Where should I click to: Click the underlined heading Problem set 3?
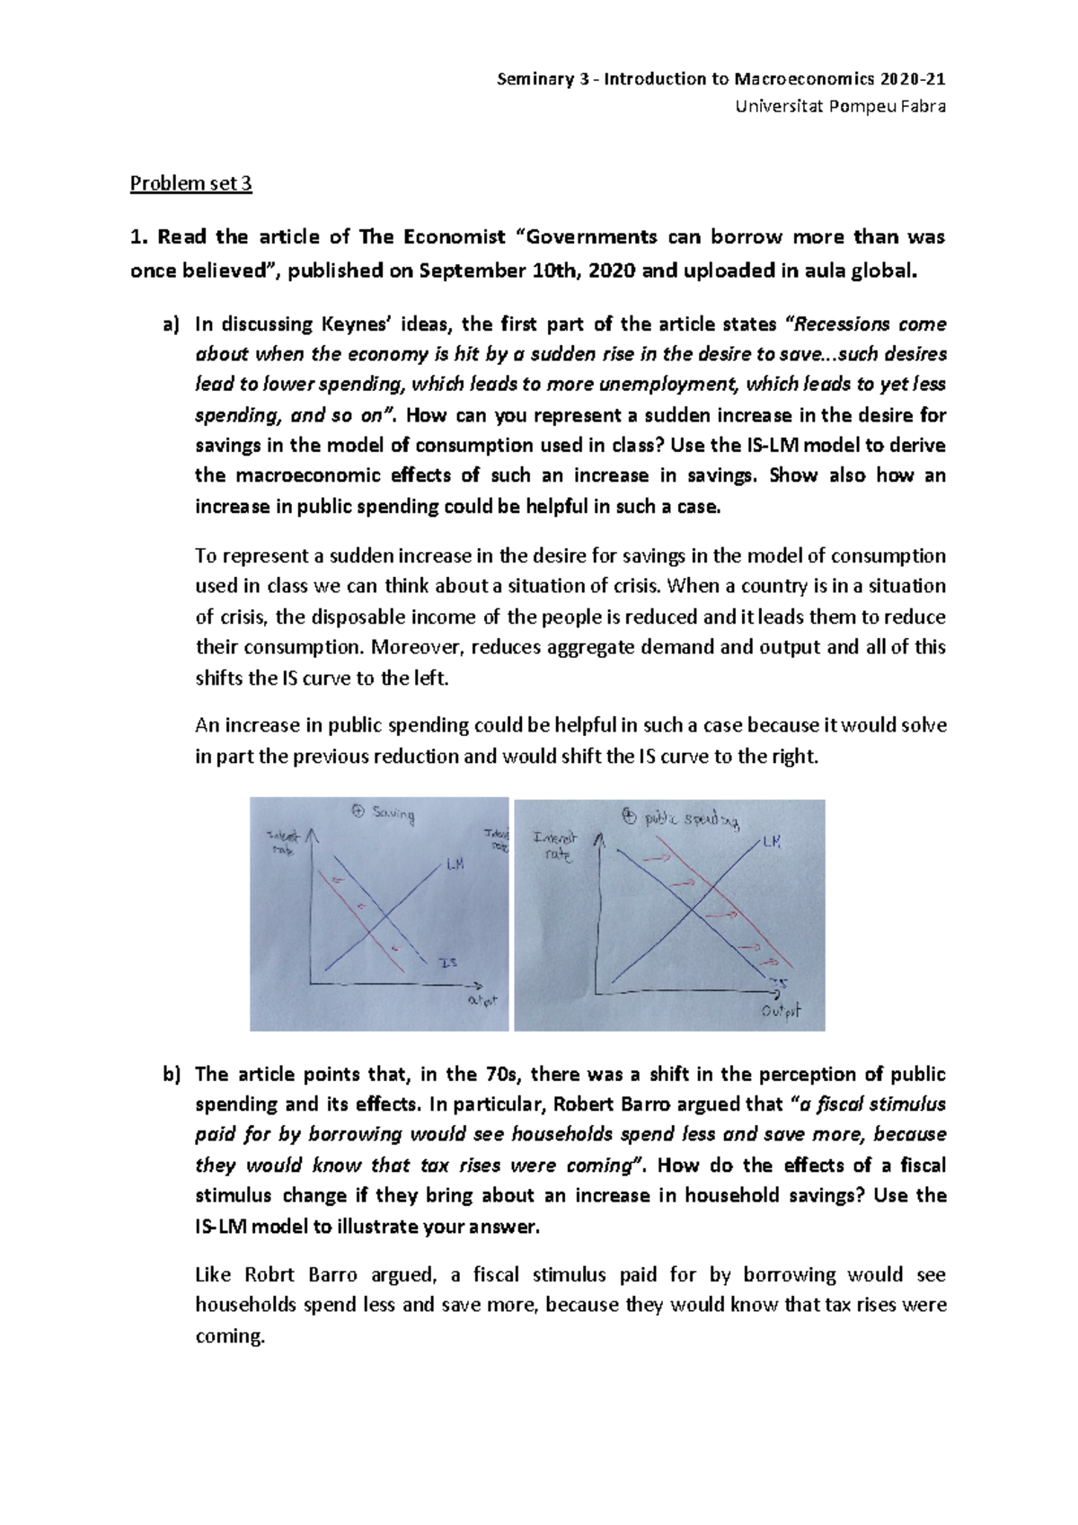pyautogui.click(x=190, y=183)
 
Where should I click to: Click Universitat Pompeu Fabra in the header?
pyautogui.click(x=840, y=107)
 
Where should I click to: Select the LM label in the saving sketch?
pyautogui.click(x=455, y=864)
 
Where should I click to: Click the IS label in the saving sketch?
pyautogui.click(x=447, y=962)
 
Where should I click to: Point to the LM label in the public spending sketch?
pyautogui.click(x=772, y=842)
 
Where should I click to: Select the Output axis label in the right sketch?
pyautogui.click(x=781, y=1011)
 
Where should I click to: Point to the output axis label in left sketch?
pyautogui.click(x=482, y=1000)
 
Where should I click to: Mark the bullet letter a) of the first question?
pyautogui.click(x=171, y=324)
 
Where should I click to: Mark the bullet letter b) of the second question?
pyautogui.click(x=171, y=1075)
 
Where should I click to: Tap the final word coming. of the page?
pyautogui.click(x=230, y=1336)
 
